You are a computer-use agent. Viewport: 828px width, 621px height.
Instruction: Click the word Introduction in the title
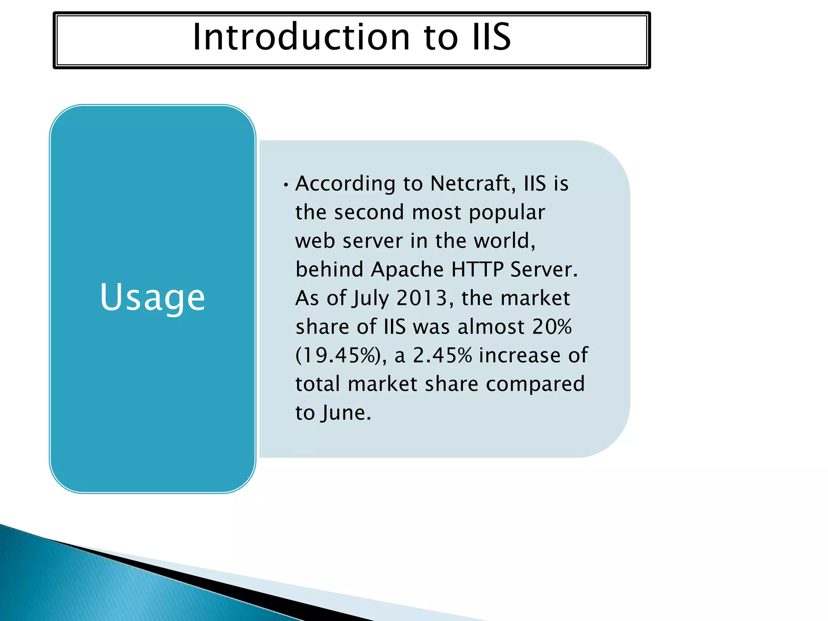(x=301, y=37)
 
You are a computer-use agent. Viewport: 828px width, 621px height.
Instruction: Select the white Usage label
(x=152, y=298)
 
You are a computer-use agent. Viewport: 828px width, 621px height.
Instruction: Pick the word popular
(x=507, y=213)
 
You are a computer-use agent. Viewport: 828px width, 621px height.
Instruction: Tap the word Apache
(x=407, y=269)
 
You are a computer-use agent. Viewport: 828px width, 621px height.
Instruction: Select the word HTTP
(x=477, y=269)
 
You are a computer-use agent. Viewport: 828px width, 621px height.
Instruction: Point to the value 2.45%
(x=442, y=355)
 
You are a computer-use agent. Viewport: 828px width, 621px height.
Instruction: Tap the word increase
(x=520, y=355)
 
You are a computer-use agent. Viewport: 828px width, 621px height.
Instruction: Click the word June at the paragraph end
(x=346, y=413)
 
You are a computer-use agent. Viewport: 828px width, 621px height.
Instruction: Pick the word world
(x=504, y=241)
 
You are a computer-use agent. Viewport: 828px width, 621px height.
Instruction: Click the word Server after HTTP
(x=544, y=269)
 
